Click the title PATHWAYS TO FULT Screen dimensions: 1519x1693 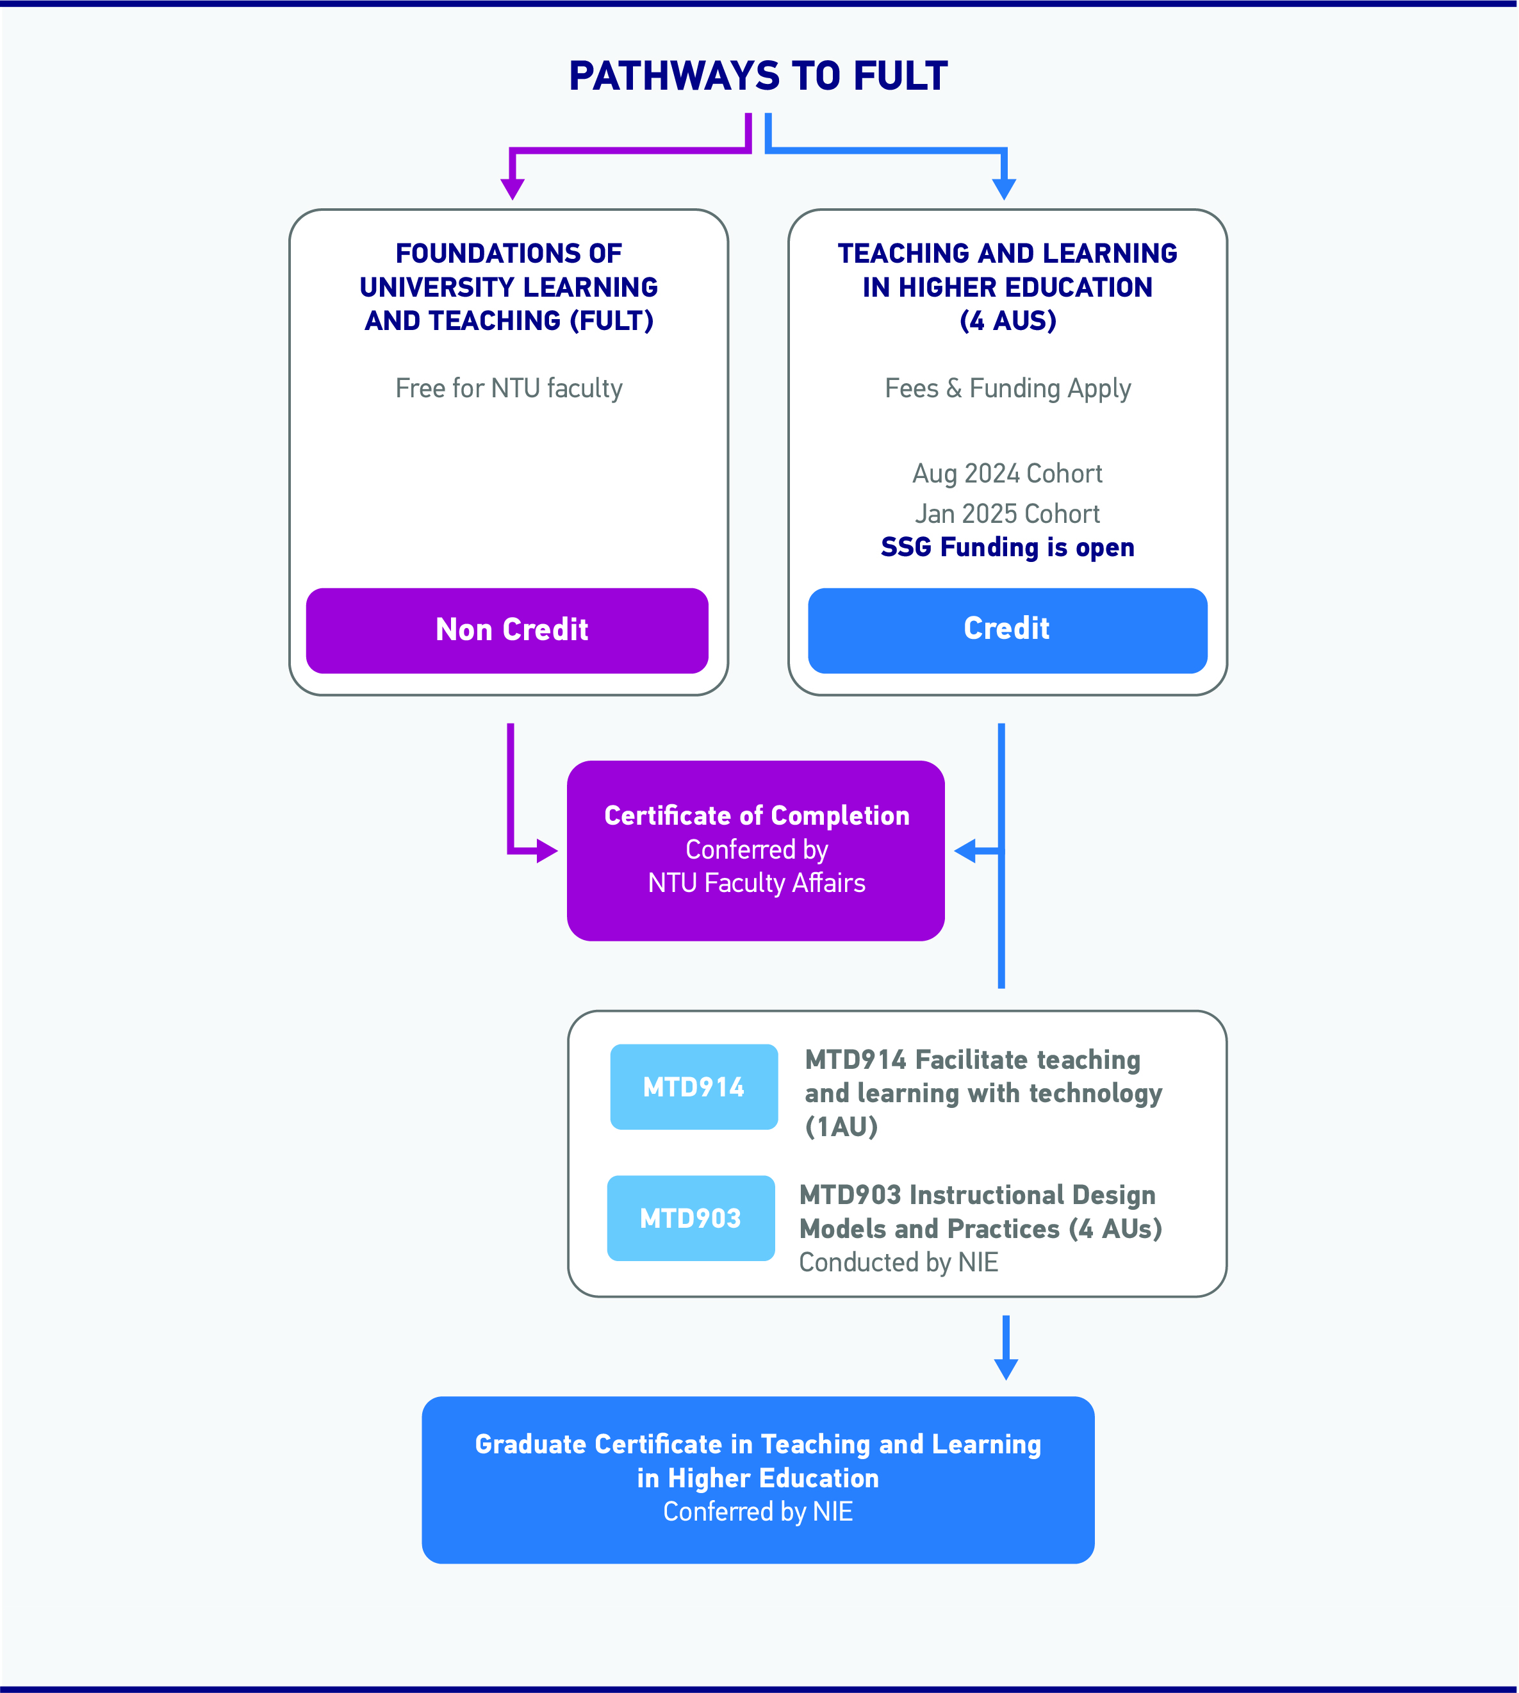(x=758, y=76)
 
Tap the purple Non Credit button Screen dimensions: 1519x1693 (x=507, y=631)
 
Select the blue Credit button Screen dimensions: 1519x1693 (x=1007, y=631)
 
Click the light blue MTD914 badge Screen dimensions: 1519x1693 (x=694, y=1087)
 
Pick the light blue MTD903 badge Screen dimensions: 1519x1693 (x=691, y=1218)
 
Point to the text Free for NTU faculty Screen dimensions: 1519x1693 (x=509, y=388)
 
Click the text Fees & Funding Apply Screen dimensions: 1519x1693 (x=1007, y=389)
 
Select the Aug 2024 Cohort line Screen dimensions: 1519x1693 (x=1007, y=474)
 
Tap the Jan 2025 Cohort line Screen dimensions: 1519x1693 (x=1007, y=513)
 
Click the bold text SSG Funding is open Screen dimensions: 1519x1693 (x=1007, y=548)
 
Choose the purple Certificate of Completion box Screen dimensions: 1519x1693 (x=756, y=851)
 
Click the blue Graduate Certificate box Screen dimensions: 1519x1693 (x=758, y=1480)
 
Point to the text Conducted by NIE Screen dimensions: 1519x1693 (x=899, y=1262)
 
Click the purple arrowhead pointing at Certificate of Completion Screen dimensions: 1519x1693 (x=548, y=851)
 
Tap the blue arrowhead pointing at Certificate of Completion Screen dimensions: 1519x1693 (x=965, y=851)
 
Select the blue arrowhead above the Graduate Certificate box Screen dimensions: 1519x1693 (x=1006, y=1369)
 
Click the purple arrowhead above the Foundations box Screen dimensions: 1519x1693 (x=513, y=188)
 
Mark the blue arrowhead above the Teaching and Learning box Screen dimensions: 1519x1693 (x=1004, y=188)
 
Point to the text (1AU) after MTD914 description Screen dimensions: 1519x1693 (x=841, y=1127)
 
